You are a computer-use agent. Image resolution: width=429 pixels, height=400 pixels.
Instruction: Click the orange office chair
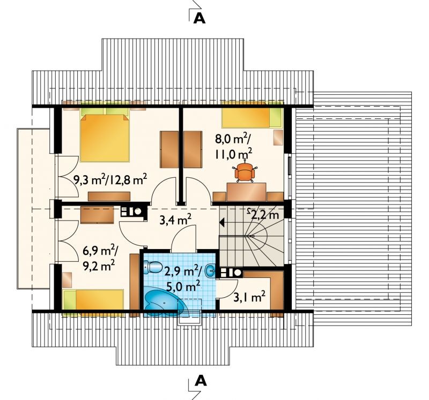click(245, 172)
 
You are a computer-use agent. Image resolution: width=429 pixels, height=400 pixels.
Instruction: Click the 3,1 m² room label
click(249, 297)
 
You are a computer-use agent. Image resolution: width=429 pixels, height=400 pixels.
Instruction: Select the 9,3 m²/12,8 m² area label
click(110, 180)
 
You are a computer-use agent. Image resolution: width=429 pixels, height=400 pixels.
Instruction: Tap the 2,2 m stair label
click(263, 214)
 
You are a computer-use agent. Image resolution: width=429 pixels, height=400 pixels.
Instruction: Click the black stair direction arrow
click(222, 223)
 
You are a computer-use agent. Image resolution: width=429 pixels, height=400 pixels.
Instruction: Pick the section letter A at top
click(199, 18)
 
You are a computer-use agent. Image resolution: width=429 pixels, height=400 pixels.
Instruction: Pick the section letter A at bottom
click(200, 380)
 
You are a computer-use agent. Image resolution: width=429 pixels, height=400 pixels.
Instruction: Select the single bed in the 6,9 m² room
click(93, 303)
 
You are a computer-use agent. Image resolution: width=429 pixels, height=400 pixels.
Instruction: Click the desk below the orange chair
click(246, 192)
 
